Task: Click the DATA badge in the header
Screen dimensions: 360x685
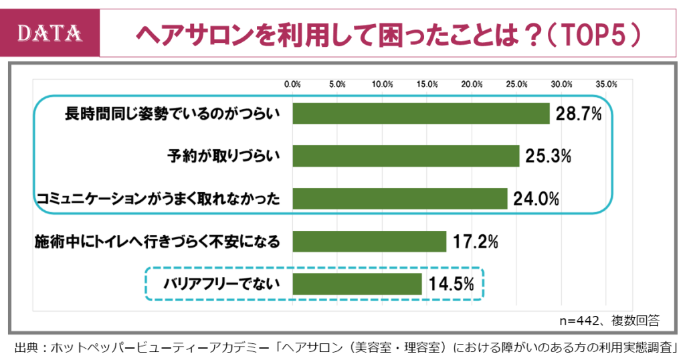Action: [x=50, y=33]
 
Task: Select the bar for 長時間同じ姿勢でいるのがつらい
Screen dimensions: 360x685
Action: [x=421, y=114]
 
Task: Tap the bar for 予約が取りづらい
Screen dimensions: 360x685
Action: [x=406, y=156]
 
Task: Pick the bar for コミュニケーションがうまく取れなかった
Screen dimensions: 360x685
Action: [x=400, y=198]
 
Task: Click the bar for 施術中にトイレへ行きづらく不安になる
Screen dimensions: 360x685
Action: [x=369, y=241]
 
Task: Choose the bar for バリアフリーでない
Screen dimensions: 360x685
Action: [x=357, y=284]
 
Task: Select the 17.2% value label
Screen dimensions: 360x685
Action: [x=474, y=241]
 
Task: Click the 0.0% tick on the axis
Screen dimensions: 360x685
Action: [x=292, y=85]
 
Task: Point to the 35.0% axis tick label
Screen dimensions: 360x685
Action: [x=606, y=85]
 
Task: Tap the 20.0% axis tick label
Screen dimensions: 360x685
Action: [x=472, y=85]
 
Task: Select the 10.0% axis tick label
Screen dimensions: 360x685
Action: [x=382, y=85]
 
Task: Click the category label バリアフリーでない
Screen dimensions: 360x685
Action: [x=221, y=284]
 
